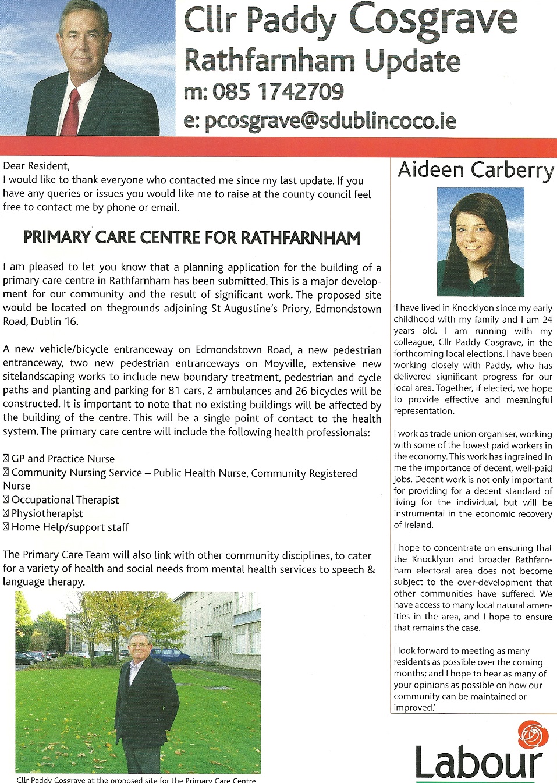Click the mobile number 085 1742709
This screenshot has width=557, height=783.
tap(278, 91)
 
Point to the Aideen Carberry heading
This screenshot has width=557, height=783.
tap(475, 170)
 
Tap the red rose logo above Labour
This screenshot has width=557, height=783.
tap(533, 735)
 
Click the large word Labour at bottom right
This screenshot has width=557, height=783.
tap(478, 762)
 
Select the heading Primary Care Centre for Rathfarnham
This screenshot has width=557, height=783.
tap(192, 238)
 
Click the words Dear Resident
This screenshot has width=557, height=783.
tap(36, 166)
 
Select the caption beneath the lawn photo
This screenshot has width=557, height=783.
tap(136, 780)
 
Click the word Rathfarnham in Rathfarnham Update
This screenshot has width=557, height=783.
tap(269, 61)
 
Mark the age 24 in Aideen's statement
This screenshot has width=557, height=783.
tap(547, 319)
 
